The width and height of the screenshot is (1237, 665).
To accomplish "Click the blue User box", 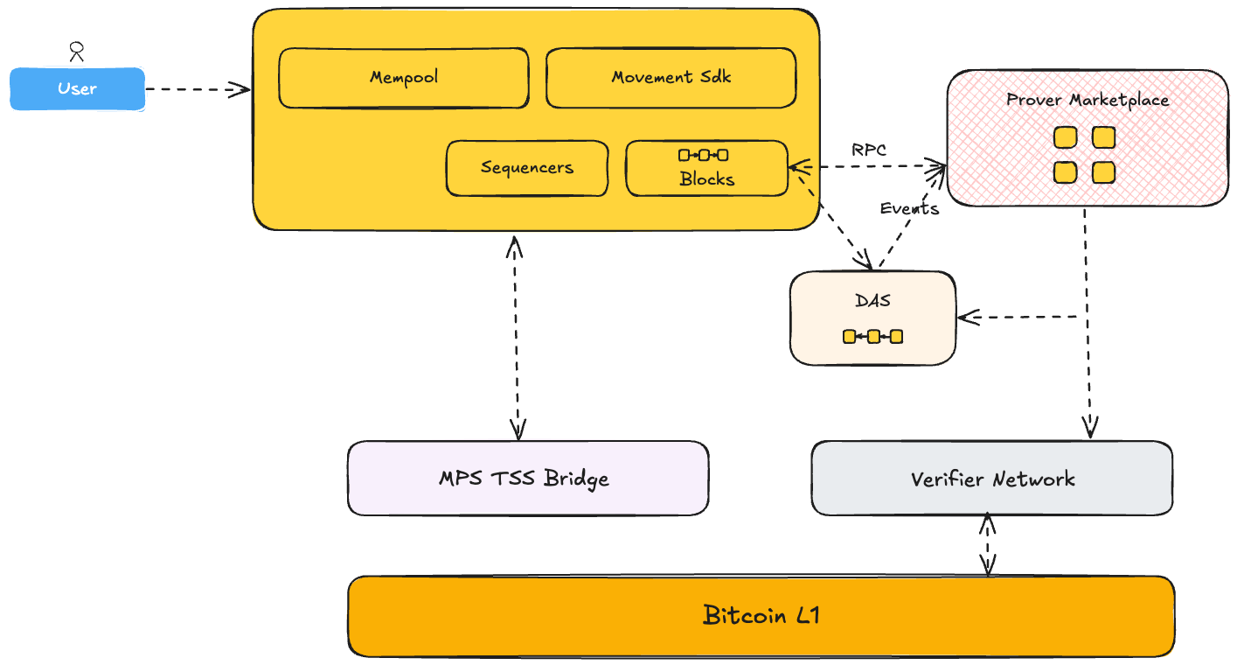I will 77,89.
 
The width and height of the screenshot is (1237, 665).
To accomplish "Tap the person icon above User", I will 77,52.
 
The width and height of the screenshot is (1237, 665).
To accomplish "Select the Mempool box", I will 403,78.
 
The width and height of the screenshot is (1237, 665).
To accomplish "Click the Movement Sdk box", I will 671,78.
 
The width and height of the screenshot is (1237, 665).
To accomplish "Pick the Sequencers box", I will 526,168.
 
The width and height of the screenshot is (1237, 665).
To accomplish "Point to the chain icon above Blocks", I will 703,155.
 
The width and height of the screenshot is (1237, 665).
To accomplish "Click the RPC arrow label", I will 869,150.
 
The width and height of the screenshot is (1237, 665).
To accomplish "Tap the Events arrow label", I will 909,208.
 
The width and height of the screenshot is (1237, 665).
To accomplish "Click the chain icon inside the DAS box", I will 872,336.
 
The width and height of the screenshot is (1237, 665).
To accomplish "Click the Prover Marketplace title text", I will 1087,100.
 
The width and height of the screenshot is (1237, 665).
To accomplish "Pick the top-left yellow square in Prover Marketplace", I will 1064,137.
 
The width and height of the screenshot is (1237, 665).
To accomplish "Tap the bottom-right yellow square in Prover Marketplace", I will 1104,172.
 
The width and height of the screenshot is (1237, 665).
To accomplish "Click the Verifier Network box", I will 991,479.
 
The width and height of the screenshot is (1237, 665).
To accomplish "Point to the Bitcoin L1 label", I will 761,616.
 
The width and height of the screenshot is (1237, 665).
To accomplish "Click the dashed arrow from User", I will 198,89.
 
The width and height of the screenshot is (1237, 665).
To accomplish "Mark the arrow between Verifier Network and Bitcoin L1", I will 988,545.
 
